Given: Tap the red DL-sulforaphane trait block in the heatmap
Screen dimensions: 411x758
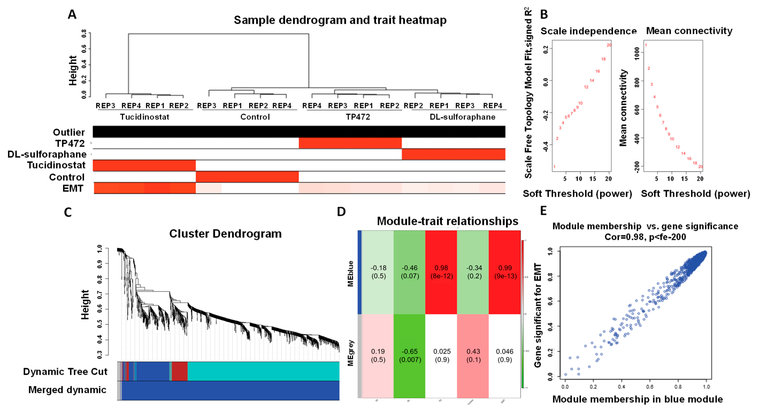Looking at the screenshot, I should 453,154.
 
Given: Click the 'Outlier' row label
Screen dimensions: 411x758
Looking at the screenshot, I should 69,132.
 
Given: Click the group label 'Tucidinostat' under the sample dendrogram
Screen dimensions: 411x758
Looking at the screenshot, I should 144,117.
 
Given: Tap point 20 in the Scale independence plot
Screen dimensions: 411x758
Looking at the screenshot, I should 609,45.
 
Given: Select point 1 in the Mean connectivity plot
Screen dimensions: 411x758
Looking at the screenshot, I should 646,45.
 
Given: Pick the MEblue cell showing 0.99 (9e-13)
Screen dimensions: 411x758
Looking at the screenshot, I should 505,272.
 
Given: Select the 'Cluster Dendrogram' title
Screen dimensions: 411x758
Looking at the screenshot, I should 225,234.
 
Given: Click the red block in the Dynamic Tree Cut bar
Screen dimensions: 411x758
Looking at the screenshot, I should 179,371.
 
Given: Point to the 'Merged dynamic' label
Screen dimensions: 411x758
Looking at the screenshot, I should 67,390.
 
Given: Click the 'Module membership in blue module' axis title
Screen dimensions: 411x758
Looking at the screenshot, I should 637,399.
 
